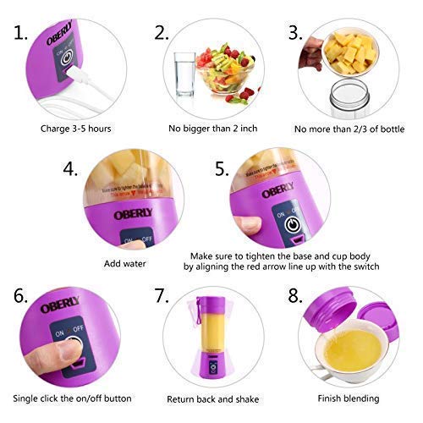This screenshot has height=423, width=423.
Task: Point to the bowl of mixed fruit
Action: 225,71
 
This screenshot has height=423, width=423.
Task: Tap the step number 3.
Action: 295,34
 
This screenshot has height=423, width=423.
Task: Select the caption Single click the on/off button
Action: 74,397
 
